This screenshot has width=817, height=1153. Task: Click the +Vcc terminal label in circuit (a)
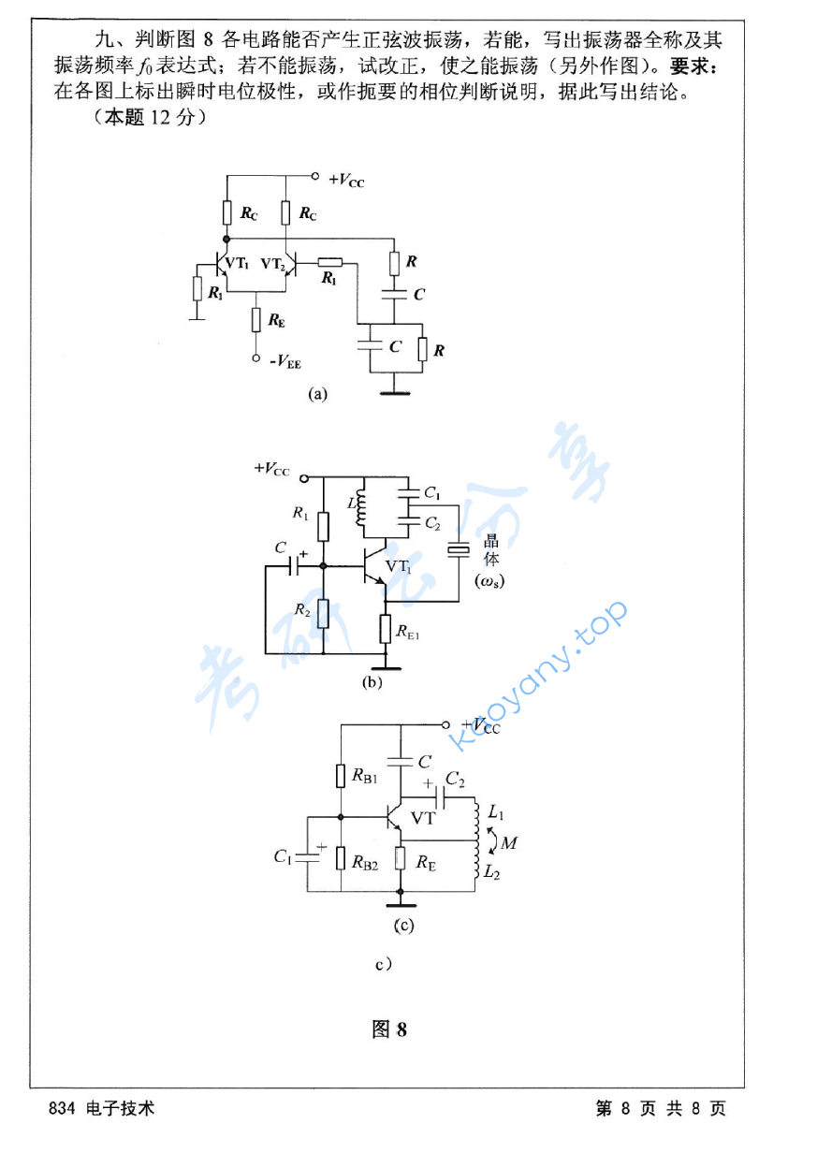345,180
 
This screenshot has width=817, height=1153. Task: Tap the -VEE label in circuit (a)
284,361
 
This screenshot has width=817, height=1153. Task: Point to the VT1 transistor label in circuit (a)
238,264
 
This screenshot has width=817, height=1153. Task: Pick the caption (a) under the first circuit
318,394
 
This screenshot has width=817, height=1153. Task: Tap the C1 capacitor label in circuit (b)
431,491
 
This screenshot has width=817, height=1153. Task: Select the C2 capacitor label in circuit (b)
431,523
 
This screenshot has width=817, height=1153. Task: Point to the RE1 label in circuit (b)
408,633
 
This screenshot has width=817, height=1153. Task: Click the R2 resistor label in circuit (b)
301,609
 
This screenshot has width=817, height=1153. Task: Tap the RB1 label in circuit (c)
365,776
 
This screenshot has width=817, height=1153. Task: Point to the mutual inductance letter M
509,842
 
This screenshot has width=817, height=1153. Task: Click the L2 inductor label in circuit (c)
494,871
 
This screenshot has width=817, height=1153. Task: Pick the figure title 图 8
389,1029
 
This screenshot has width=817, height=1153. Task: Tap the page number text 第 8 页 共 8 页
661,1109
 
